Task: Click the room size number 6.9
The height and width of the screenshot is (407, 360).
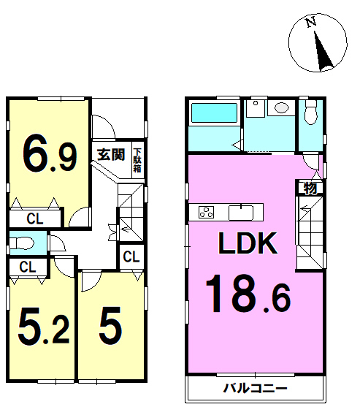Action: [x=50, y=156]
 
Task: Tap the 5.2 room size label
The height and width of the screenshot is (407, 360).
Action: [x=44, y=326]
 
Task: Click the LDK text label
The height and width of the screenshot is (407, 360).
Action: [x=248, y=243]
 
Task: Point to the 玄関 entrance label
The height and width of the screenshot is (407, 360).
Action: [x=111, y=154]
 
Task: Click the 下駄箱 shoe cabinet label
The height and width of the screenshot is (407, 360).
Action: [x=137, y=161]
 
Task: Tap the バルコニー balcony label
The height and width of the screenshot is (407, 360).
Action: [x=256, y=389]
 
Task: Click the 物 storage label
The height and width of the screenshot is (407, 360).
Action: [x=310, y=188]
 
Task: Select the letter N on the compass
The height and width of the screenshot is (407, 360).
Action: [x=311, y=22]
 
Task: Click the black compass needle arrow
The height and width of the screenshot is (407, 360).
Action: [x=323, y=51]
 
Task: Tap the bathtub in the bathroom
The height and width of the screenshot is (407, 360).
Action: [x=214, y=113]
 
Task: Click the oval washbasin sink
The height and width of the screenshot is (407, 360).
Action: [x=282, y=107]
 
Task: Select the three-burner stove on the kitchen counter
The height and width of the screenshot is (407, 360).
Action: [x=207, y=212]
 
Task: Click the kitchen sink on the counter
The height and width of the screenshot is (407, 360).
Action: [x=241, y=213]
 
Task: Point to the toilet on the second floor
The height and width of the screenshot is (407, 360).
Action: [x=311, y=112]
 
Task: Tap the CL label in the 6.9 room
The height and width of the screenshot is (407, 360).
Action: [x=35, y=218]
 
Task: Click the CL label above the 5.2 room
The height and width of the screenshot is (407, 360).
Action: [x=28, y=267]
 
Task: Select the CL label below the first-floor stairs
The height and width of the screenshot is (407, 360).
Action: [x=131, y=256]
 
